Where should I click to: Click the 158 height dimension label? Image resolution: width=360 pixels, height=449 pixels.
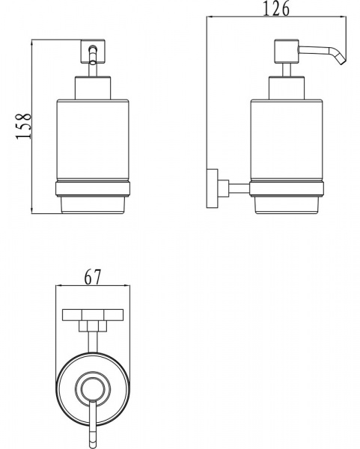(x=23, y=126)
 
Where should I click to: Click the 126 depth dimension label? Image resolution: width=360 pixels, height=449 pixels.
(x=275, y=9)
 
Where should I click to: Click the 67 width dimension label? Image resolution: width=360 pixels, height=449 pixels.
(x=93, y=277)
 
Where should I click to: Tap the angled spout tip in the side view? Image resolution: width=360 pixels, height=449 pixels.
(x=343, y=61)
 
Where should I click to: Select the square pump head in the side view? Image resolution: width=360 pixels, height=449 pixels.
(x=287, y=52)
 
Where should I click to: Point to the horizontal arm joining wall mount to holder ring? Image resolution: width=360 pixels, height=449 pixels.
(x=240, y=188)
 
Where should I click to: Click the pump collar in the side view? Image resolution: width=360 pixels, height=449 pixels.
(x=287, y=88)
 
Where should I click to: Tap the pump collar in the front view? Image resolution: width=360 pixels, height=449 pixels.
(x=93, y=88)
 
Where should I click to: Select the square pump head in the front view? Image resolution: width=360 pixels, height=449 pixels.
(x=93, y=51)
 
